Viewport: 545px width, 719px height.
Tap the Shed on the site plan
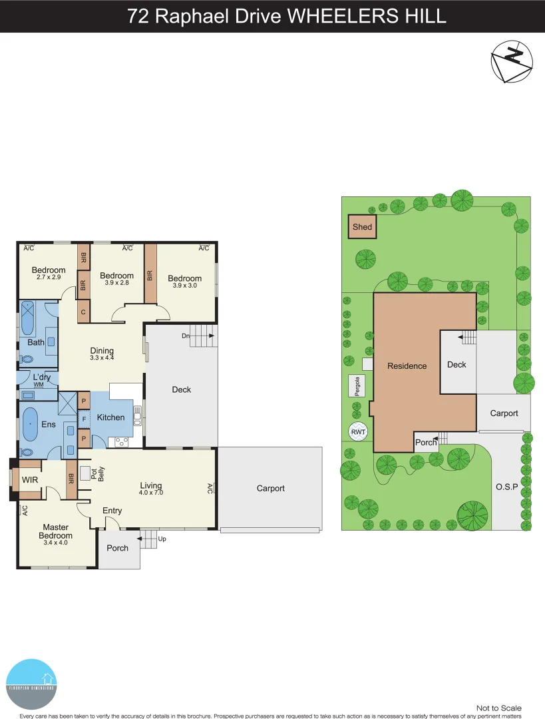click(363, 227)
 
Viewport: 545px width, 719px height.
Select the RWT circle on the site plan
click(358, 431)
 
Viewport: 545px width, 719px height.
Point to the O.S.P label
click(506, 487)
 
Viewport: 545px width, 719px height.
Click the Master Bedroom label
click(55, 531)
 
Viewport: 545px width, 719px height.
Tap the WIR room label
click(29, 479)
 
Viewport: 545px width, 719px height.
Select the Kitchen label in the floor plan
click(111, 417)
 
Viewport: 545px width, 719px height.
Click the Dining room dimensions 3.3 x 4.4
click(102, 358)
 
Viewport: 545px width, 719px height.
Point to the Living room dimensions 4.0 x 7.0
click(151, 493)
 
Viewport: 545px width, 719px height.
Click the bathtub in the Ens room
click(31, 424)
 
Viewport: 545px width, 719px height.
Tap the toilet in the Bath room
click(27, 358)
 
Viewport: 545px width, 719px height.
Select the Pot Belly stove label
click(98, 473)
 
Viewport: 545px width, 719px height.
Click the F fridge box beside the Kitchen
click(84, 419)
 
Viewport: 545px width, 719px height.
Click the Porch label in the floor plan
click(118, 548)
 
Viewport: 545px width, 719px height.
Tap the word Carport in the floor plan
click(271, 488)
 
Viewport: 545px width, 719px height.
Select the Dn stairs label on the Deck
click(186, 336)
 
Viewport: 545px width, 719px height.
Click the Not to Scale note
click(498, 708)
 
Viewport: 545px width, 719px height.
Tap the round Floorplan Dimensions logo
click(31, 684)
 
